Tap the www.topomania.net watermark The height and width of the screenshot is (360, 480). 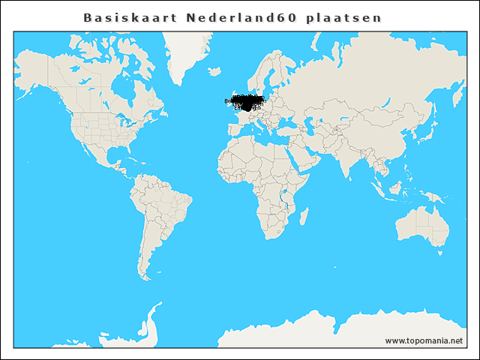pyautogui.click(x=424, y=340)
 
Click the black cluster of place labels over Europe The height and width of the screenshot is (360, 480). pyautogui.click(x=247, y=103)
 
